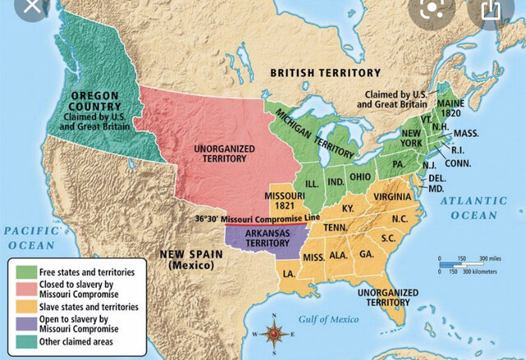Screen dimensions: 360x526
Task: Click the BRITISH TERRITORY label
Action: coord(326,73)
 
